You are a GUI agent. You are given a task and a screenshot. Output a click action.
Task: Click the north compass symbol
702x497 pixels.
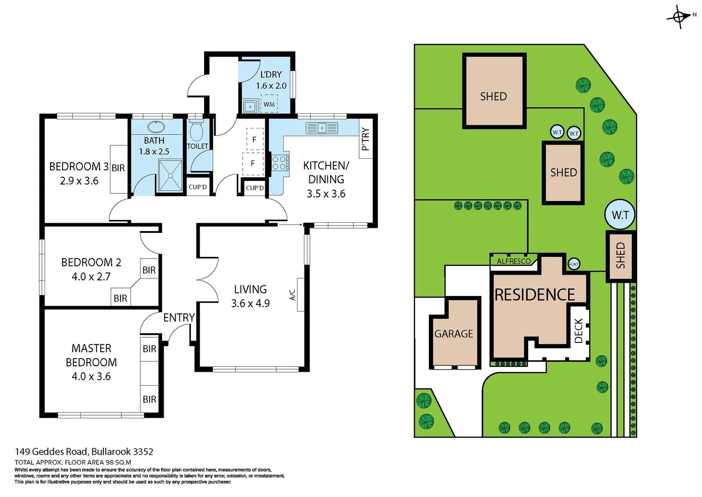coord(679,17)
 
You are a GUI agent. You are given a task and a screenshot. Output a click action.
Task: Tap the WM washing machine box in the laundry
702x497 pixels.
coord(269,104)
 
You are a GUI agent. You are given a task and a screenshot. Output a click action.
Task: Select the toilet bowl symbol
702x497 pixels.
coord(196,131)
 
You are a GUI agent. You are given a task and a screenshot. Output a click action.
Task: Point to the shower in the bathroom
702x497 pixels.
coord(170,175)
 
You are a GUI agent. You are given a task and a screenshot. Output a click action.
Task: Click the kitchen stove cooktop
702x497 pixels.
coord(280,163)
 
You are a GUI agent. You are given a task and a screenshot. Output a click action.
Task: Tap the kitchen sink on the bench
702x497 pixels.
coord(322,128)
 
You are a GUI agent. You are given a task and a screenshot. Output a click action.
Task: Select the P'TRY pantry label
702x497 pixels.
coord(365,139)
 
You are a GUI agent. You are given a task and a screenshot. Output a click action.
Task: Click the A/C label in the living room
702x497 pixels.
coord(292,295)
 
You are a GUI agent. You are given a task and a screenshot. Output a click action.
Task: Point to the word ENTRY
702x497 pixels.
coord(179,318)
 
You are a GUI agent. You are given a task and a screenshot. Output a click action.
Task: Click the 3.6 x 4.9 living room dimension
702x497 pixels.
coord(250,303)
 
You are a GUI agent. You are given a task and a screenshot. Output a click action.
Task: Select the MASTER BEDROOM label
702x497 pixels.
coord(91,355)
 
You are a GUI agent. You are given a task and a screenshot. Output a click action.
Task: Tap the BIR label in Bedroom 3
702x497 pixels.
coord(118,168)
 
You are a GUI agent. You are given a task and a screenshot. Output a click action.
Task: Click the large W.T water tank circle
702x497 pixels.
coord(620,215)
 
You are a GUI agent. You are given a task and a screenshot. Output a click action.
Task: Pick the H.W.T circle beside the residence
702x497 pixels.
coord(574,264)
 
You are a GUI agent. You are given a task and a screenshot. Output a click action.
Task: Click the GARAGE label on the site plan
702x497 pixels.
coord(454,334)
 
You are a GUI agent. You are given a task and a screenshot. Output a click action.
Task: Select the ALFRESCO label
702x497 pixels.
coord(514,261)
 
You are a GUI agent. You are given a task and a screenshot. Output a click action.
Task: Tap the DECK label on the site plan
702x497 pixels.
coord(579,330)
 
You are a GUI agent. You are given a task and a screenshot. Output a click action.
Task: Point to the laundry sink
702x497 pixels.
coord(250,106)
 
